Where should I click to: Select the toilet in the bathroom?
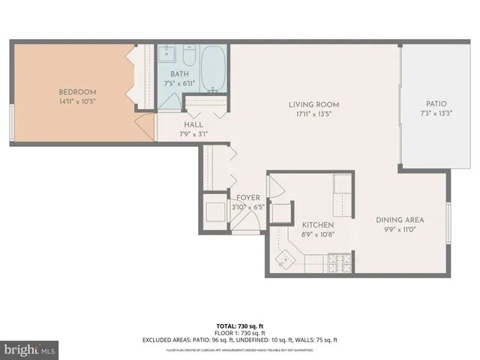(189, 57)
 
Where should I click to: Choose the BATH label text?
(179, 73)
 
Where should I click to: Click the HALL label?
(193, 126)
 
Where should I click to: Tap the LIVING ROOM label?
(314, 104)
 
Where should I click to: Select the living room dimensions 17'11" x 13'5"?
(314, 115)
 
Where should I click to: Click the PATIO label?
(436, 104)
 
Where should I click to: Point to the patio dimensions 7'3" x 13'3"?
(436, 115)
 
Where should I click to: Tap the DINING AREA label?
(400, 220)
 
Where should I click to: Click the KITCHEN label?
(317, 225)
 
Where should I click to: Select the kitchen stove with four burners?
(338, 262)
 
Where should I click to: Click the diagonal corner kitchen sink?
(286, 259)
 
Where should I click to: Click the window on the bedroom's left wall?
(11, 122)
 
